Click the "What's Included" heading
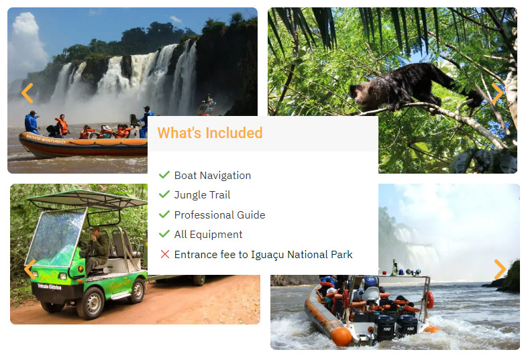pyautogui.click(x=210, y=133)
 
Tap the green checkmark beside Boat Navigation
pyautogui.click(x=164, y=174)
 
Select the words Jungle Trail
pyautogui.click(x=203, y=194)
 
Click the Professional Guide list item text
pyautogui.click(x=220, y=215)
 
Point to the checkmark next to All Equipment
pyautogui.click(x=164, y=233)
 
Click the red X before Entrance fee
pyautogui.click(x=165, y=254)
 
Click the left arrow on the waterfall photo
pyautogui.click(x=28, y=93)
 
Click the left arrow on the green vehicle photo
pyautogui.click(x=30, y=269)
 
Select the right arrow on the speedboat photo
pyautogui.click(x=500, y=269)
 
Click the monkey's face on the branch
pyautogui.click(x=357, y=94)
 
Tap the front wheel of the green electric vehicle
pyautogui.click(x=91, y=303)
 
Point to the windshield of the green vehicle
pyautogui.click(x=55, y=236)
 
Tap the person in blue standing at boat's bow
pyautogui.click(x=32, y=122)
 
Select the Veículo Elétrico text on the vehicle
pyautogui.click(x=50, y=287)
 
